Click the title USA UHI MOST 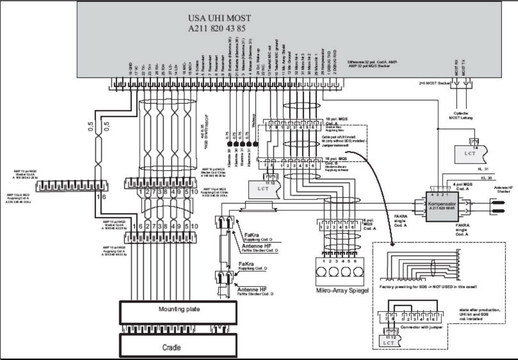219,18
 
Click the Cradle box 179,347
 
